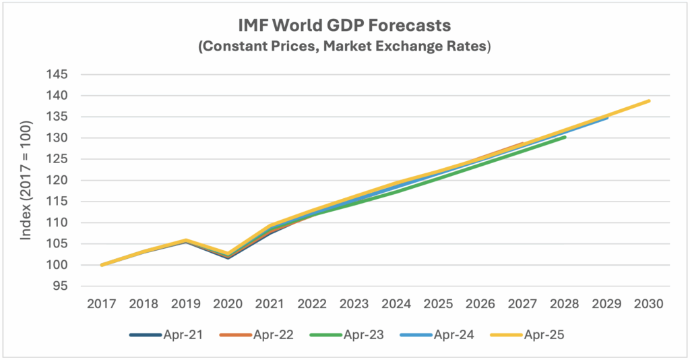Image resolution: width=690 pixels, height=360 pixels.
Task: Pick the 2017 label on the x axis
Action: [x=102, y=303]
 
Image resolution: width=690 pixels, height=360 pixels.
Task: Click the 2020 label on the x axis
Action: [x=228, y=303]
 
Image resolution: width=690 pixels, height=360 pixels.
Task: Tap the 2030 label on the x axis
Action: [x=650, y=303]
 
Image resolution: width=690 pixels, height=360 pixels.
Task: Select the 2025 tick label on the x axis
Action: [x=439, y=303]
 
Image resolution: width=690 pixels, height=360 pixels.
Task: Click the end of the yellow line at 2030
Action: [x=650, y=101]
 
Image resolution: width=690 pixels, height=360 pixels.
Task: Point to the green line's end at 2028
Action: [x=565, y=137]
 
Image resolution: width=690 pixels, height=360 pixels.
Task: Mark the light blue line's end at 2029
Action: [x=607, y=117]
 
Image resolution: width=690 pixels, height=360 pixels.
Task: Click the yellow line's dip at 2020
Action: [x=228, y=253]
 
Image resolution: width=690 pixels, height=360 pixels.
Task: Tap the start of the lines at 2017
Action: [x=102, y=265]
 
